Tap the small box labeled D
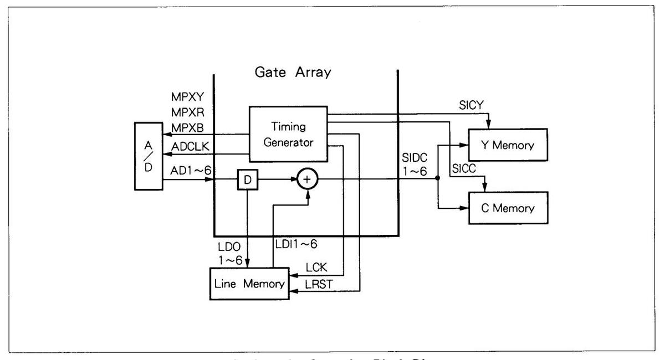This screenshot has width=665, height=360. point(247,179)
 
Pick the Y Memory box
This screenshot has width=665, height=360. point(508,146)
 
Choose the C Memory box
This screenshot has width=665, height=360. point(508,208)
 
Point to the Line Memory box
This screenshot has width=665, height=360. point(249,285)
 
